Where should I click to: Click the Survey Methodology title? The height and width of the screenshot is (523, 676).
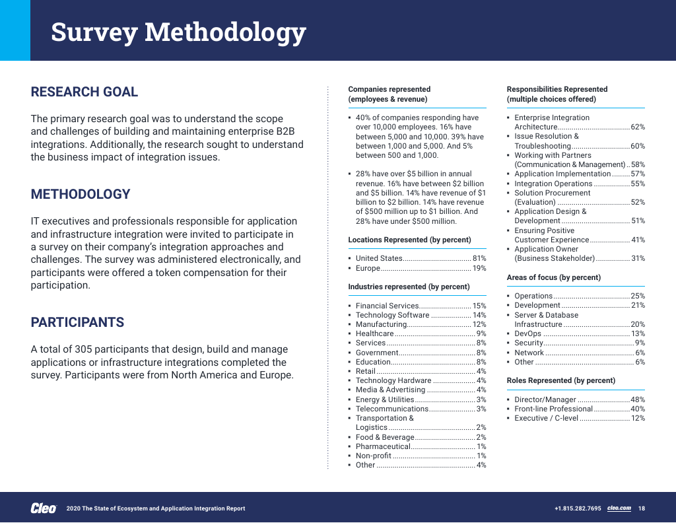(x=178, y=32)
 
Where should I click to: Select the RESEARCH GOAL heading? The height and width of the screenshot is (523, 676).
(x=84, y=92)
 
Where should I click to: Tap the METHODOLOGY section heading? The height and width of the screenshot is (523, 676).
(x=81, y=194)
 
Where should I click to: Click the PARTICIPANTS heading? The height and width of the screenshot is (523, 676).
(x=77, y=322)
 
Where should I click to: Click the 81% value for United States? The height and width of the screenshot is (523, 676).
(x=479, y=259)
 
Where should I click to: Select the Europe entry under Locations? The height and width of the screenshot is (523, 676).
(x=368, y=268)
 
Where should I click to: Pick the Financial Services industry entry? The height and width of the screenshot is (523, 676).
(x=387, y=306)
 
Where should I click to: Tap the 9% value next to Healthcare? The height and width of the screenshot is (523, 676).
(x=481, y=334)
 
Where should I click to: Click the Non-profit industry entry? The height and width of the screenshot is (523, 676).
(x=374, y=456)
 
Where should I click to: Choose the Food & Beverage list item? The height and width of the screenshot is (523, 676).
(x=385, y=437)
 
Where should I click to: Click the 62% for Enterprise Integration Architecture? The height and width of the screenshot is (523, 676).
(x=638, y=127)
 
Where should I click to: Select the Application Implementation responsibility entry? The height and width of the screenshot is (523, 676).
(x=562, y=174)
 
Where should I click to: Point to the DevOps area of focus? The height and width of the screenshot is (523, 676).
(x=528, y=333)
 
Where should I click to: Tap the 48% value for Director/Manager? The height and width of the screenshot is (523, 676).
(x=638, y=400)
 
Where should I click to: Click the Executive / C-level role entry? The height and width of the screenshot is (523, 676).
(x=546, y=418)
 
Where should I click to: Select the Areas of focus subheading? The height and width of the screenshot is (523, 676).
(x=553, y=277)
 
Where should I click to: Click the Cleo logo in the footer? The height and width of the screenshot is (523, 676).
(x=44, y=508)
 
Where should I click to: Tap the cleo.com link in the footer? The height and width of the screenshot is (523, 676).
(x=619, y=508)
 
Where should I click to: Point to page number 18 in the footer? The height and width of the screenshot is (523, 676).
(x=642, y=508)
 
